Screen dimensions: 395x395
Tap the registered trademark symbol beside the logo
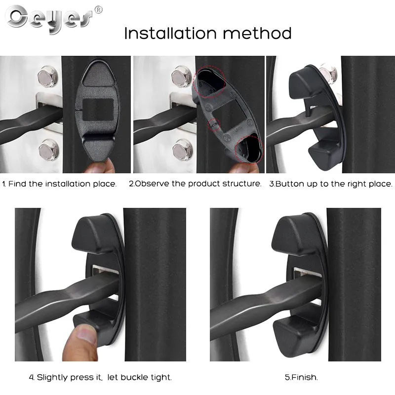(98, 9)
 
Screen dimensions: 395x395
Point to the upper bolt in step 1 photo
(48, 76)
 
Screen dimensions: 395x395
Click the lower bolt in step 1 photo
(48, 149)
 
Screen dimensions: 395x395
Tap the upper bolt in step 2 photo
(181, 76)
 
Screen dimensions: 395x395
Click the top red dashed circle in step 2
(211, 82)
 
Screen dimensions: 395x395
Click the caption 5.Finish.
(301, 377)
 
